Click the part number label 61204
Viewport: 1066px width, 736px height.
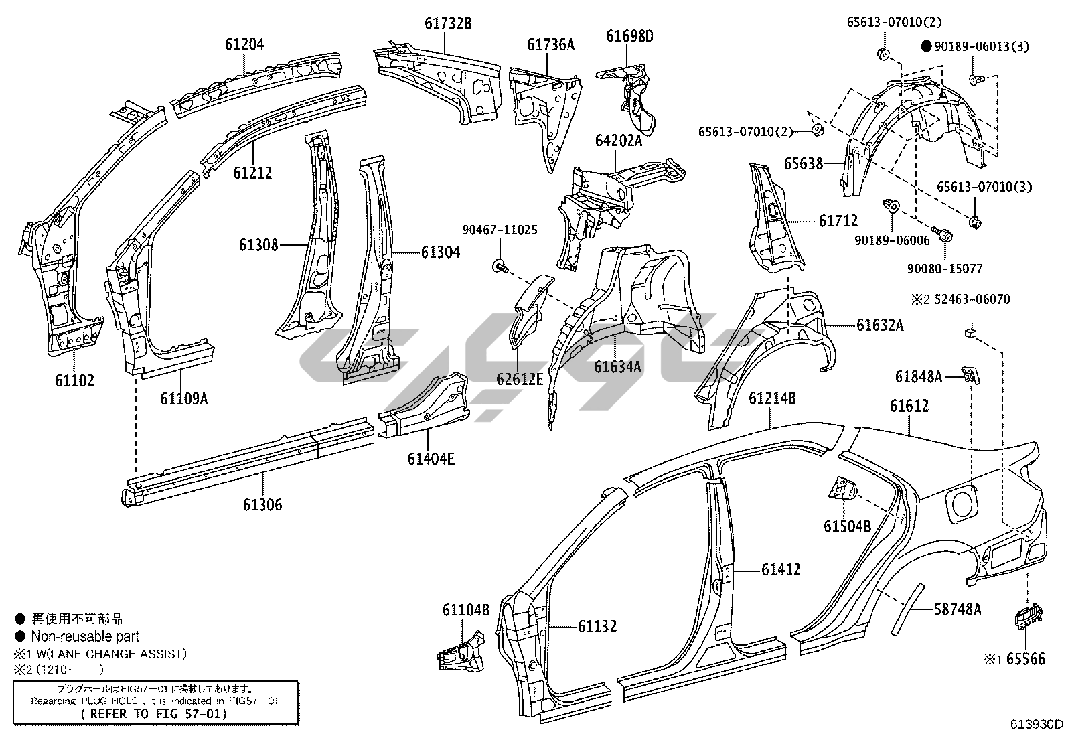[x=244, y=45]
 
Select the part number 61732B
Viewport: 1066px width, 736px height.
[x=448, y=24]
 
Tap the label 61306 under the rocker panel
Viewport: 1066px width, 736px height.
[x=262, y=504]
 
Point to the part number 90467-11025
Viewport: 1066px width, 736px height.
[x=500, y=230]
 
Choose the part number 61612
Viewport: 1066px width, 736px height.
[x=909, y=406]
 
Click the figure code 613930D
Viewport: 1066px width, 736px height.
[x=1037, y=724]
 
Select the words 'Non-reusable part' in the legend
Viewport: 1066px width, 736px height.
[x=85, y=636]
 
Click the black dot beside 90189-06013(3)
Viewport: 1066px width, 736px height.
[x=926, y=46]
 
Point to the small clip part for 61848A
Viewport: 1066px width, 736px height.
[x=970, y=375]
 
